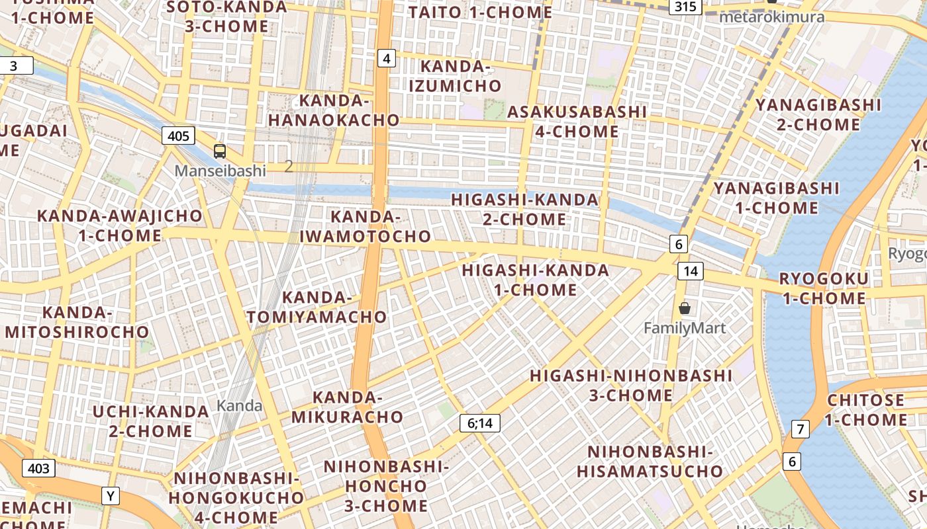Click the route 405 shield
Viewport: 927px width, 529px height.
point(178,136)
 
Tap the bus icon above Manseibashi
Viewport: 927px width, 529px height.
point(220,151)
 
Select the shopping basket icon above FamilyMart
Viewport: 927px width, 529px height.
point(685,308)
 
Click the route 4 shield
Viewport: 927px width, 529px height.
point(387,59)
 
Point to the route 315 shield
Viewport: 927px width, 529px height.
point(685,7)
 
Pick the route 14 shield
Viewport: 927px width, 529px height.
point(690,270)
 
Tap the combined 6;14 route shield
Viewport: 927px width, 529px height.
point(480,423)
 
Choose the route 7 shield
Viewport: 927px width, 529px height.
point(801,429)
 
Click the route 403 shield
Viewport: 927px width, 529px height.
point(38,468)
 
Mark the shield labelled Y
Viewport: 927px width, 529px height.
point(111,495)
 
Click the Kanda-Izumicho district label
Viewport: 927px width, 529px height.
point(455,76)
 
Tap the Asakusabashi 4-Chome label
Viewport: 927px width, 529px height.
point(577,122)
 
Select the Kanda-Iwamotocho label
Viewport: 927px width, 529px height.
point(366,226)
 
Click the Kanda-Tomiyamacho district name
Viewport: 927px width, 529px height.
point(317,307)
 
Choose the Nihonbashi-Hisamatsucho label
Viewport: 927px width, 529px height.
point(650,461)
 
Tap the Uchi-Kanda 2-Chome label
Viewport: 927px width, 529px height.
point(151,421)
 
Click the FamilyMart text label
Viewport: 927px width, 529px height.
point(685,328)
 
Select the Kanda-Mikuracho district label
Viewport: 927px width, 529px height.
point(347,407)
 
